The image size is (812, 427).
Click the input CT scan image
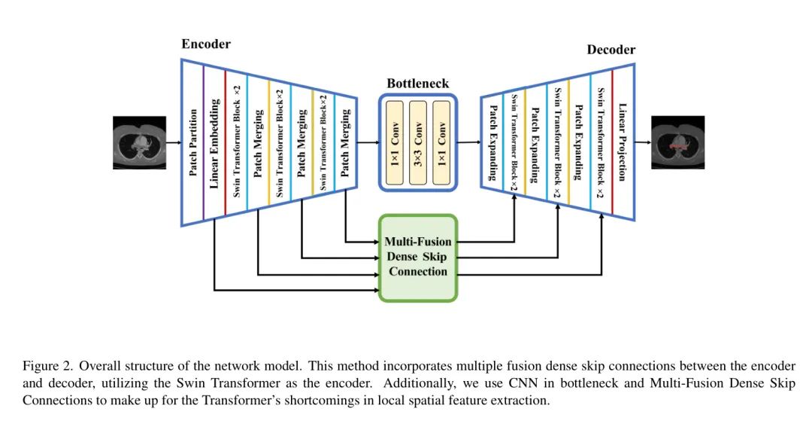pos(139,142)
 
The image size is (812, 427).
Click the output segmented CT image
pos(677,142)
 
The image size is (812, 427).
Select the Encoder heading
pos(206,44)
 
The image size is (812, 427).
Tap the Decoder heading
pos(611,50)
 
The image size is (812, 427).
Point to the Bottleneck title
pos(417,84)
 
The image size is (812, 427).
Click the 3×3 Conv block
pos(418,142)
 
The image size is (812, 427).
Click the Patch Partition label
pos(193,142)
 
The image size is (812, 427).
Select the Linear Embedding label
pos(214,142)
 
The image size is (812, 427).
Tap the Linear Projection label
pos(622,142)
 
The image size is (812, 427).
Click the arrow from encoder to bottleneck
pos(368,142)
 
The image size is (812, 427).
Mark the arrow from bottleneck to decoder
pos(468,142)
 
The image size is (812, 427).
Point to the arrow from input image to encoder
pos(174,142)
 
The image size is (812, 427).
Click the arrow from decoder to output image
pos(643,142)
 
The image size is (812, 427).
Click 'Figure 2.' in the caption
pos(47,367)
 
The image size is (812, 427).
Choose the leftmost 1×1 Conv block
pos(395,142)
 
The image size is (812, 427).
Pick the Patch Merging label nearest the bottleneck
pos(346,142)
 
